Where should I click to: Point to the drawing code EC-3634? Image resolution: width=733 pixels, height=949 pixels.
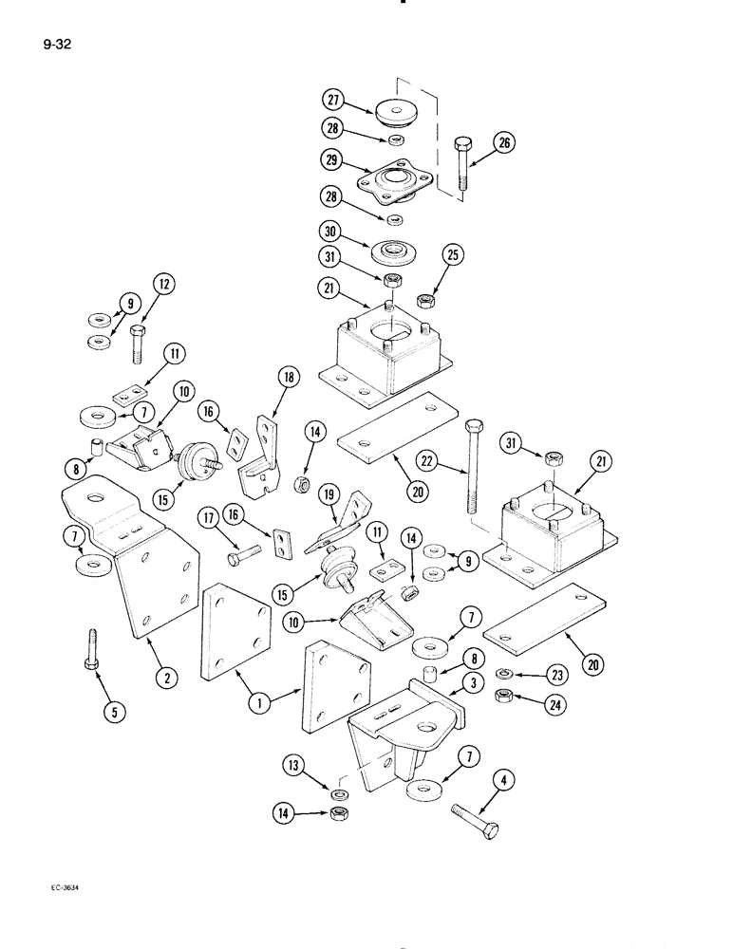pyautogui.click(x=59, y=887)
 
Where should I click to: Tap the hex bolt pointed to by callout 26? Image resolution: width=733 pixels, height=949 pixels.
pyautogui.click(x=462, y=168)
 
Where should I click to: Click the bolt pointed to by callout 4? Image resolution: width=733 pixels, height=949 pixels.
pyautogui.click(x=471, y=815)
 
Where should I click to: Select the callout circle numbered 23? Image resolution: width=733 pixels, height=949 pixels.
pyautogui.click(x=556, y=676)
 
